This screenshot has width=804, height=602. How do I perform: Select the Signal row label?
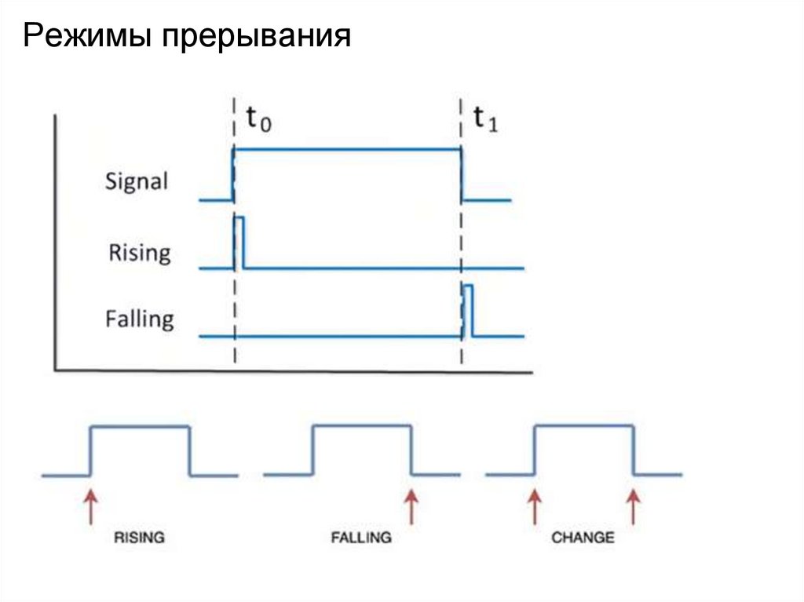[x=137, y=182]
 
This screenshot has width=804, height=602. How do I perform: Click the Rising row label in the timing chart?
[x=139, y=253]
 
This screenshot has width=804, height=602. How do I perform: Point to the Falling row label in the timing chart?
[x=139, y=319]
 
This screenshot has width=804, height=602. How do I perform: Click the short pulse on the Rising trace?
[x=239, y=242]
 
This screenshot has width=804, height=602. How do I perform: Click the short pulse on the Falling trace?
[x=467, y=311]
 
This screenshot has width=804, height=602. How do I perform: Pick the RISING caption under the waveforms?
[x=139, y=538]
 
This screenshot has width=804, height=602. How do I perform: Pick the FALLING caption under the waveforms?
[x=361, y=538]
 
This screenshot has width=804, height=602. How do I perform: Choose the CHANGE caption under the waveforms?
[x=583, y=538]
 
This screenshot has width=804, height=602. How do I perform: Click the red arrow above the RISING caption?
[x=91, y=506]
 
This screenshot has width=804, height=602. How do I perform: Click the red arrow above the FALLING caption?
[x=411, y=506]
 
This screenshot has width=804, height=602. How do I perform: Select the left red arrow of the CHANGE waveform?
[x=534, y=506]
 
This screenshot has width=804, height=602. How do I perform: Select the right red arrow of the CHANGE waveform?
[x=634, y=506]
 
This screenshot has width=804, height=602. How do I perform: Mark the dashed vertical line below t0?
[x=234, y=345]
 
